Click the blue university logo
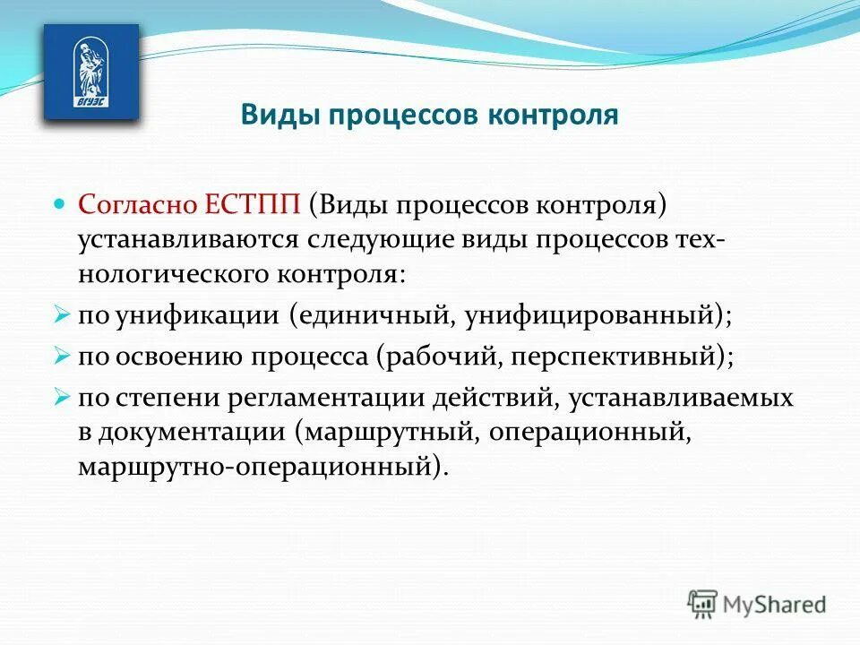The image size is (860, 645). (x=90, y=72)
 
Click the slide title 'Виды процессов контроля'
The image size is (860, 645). (x=429, y=116)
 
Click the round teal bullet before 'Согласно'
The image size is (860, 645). (x=61, y=203)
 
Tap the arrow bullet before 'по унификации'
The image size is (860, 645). (x=61, y=315)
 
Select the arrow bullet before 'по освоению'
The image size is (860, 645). (x=61, y=356)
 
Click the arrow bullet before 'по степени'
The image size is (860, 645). (x=61, y=397)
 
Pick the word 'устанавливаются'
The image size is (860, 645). (x=190, y=239)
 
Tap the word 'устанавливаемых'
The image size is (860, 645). (x=697, y=397)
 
